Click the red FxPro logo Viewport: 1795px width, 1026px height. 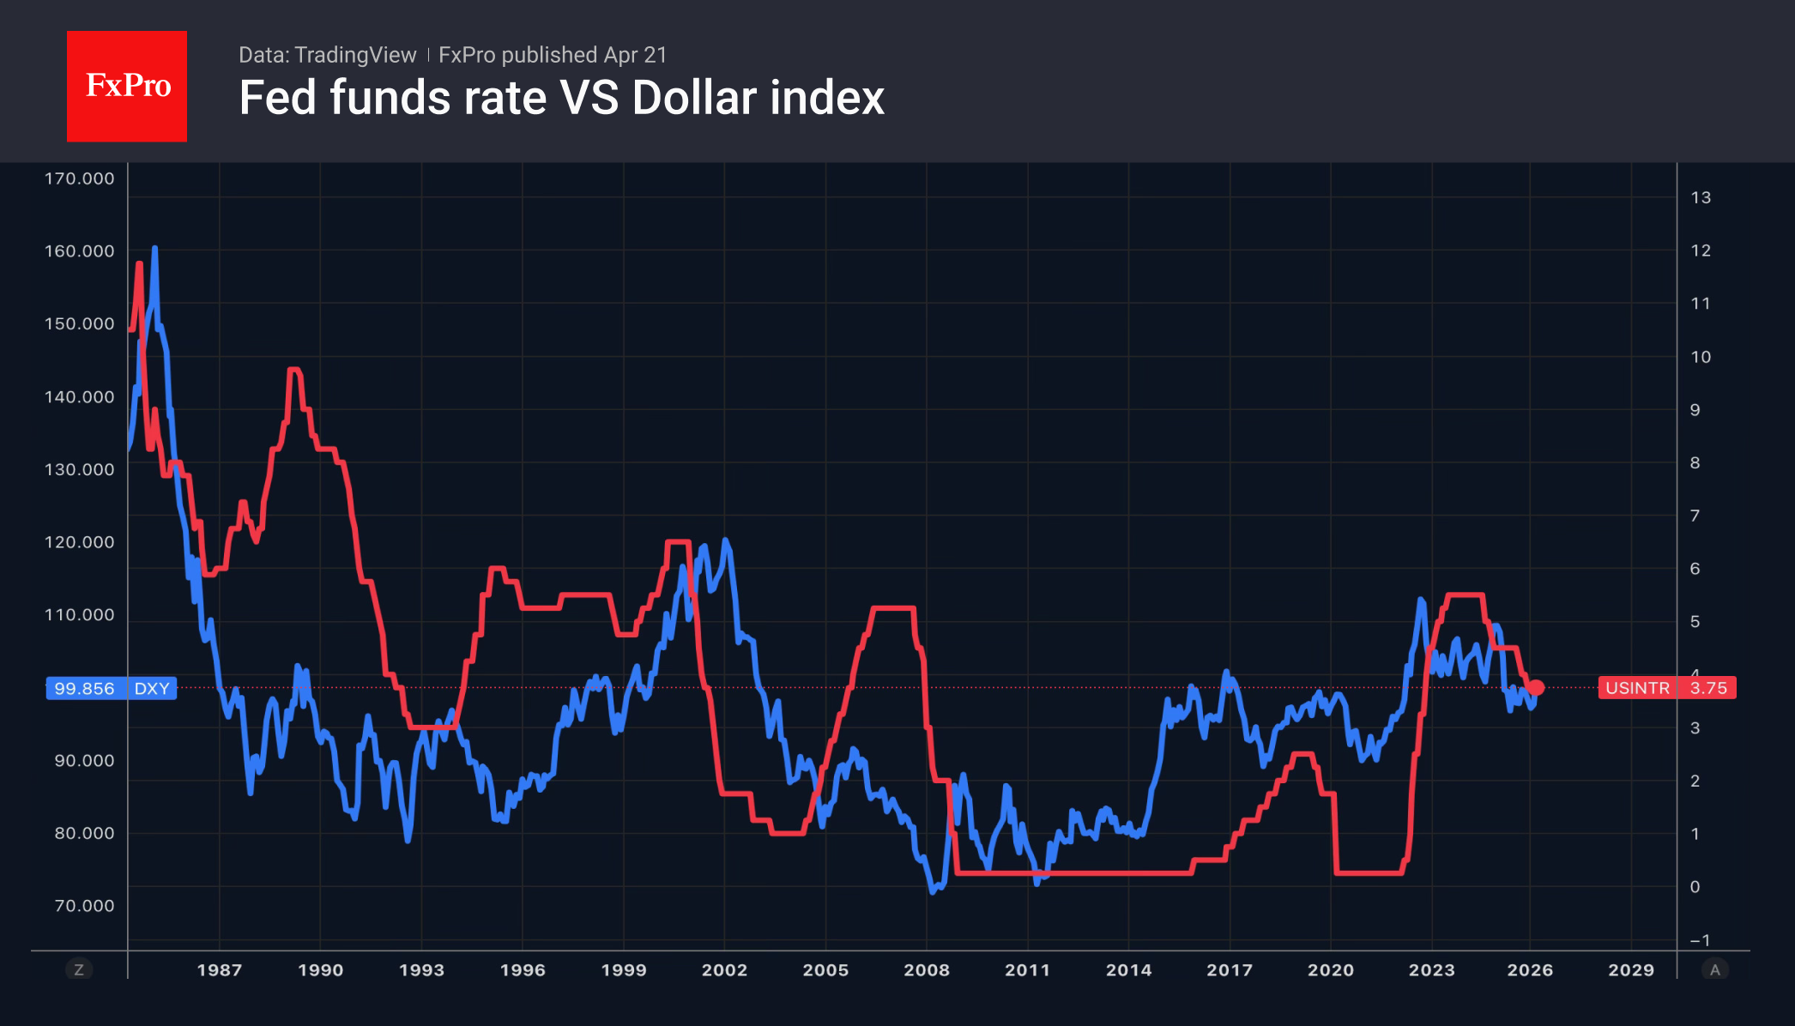tap(127, 86)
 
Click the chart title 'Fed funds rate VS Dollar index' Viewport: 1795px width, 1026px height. tap(561, 98)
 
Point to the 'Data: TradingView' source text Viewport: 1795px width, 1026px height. tap(327, 55)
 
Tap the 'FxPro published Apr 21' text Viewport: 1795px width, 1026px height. tap(553, 55)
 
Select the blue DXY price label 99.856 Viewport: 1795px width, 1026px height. tap(111, 688)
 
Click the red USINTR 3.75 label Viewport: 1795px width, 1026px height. tap(1666, 688)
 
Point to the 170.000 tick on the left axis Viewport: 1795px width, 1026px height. tap(79, 178)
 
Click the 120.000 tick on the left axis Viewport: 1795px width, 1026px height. tap(79, 542)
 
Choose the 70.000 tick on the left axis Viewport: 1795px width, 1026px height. tap(84, 906)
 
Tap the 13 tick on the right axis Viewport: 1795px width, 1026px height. tap(1701, 197)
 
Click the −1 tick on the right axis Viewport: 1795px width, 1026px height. tap(1700, 940)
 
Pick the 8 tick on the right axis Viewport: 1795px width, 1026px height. tap(1695, 463)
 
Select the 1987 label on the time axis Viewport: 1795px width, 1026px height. tap(220, 970)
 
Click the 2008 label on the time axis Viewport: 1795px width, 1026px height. tap(927, 970)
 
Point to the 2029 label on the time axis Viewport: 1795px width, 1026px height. tap(1631, 970)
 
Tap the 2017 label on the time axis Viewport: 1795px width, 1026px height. tap(1230, 970)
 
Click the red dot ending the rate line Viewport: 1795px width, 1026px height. tap(1536, 687)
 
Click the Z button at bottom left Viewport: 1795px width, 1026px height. tap(79, 970)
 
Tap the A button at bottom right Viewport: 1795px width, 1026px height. tap(1715, 970)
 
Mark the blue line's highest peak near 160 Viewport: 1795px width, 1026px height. tap(154, 249)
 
